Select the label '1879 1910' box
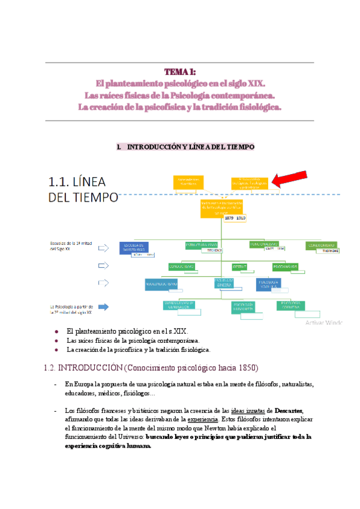(x=235, y=218)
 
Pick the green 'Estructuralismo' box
(x=202, y=245)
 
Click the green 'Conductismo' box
(x=181, y=265)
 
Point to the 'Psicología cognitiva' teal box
(x=290, y=306)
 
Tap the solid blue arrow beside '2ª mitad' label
(x=104, y=307)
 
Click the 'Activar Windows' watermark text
(x=325, y=322)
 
